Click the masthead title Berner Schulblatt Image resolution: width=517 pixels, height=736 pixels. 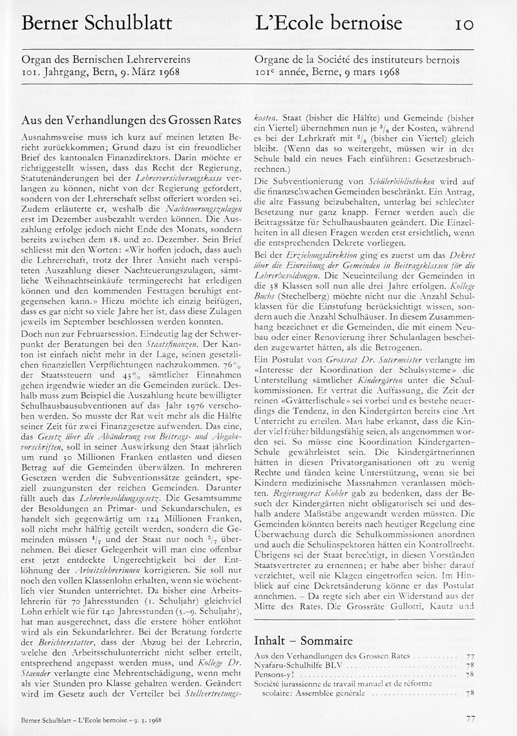click(x=97, y=24)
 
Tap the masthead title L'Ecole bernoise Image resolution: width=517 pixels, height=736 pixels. click(x=329, y=24)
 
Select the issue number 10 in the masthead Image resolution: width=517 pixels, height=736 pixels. click(x=465, y=24)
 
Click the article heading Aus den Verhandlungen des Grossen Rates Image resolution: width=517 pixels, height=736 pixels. click(x=131, y=120)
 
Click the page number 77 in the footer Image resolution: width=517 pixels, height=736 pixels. click(x=470, y=718)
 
